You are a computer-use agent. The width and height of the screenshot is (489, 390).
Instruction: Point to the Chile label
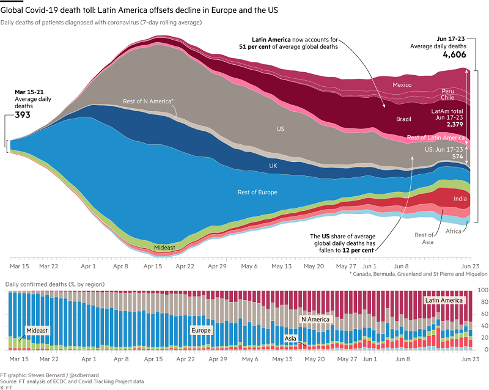pyautogui.click(x=448, y=97)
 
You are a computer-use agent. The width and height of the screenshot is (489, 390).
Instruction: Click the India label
pyautogui.click(x=461, y=199)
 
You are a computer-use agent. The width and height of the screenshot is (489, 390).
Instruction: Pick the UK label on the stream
pyautogui.click(x=273, y=166)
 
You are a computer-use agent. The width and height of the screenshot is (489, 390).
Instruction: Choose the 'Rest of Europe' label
pyautogui.click(x=257, y=193)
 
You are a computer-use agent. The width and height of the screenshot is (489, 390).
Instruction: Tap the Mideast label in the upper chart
pyautogui.click(x=164, y=247)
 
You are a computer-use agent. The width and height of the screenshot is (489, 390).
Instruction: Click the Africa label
pyautogui.click(x=454, y=231)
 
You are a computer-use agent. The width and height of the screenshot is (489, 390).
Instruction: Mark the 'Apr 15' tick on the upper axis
pyautogui.click(x=154, y=267)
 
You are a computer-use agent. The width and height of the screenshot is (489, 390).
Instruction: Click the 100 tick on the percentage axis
pyautogui.click(x=480, y=290)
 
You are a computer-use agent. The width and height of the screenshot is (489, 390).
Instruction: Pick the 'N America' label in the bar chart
pyautogui.click(x=315, y=319)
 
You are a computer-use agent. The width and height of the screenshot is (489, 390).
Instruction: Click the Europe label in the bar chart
pyautogui.click(x=200, y=330)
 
